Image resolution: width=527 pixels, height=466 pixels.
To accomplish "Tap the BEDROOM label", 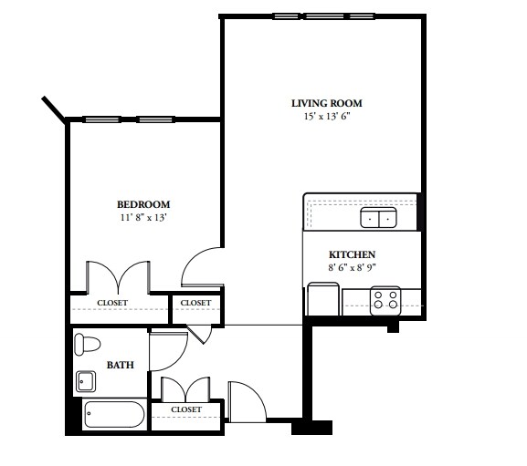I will point(142,204).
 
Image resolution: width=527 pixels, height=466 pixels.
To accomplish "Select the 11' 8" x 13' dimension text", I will point(142,218).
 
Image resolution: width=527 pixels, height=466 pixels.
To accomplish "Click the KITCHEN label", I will point(353,254).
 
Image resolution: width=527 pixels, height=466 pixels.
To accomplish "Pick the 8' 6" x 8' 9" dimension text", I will point(353,268).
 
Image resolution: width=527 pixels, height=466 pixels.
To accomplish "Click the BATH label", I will point(120,365).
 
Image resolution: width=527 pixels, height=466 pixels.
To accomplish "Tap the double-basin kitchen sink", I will point(377,218).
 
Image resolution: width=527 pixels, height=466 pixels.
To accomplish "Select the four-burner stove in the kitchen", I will point(386,301).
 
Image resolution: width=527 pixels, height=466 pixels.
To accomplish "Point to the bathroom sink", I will point(87,380).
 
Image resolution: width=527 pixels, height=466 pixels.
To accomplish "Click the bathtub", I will point(113,415).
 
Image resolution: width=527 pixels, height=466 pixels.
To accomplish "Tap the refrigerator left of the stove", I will point(323,299).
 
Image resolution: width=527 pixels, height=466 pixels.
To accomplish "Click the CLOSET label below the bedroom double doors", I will point(112,303).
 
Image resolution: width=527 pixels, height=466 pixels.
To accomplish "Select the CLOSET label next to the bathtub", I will point(186,410).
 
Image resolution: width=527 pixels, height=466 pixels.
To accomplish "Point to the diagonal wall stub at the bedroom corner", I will point(53,108).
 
